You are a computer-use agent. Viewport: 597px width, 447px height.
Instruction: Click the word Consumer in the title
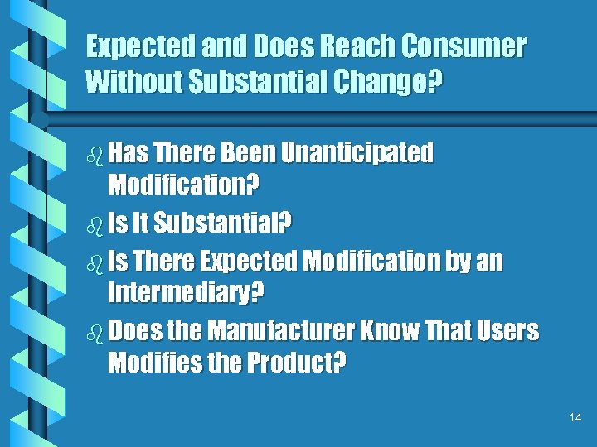464,47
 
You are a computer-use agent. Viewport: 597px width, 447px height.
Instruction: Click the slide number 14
575,418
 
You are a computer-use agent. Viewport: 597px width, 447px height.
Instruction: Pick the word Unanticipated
357,152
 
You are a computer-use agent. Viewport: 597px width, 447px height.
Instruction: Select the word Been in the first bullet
247,152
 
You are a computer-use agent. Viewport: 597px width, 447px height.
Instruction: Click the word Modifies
147,364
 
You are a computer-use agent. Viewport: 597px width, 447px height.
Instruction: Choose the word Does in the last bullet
134,332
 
